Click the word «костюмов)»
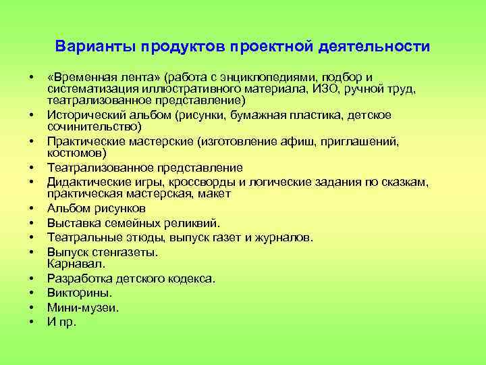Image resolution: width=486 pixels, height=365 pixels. tap(73, 153)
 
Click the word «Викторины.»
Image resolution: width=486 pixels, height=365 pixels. tap(80, 293)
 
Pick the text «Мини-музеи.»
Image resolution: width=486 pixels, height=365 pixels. tap(82, 308)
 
